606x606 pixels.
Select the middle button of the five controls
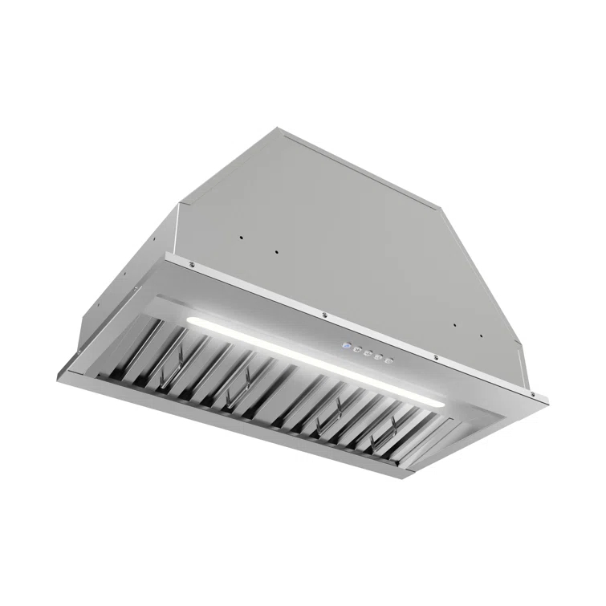(x=367, y=353)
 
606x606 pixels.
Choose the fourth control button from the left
(x=377, y=357)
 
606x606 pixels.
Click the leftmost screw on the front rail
(x=191, y=265)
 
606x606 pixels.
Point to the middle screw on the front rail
(x=323, y=313)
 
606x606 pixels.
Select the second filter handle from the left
(x=234, y=391)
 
